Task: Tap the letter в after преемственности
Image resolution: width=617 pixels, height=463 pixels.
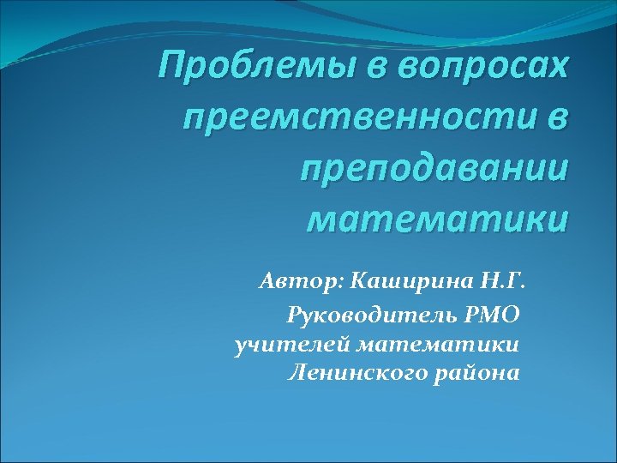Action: coord(555,117)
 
